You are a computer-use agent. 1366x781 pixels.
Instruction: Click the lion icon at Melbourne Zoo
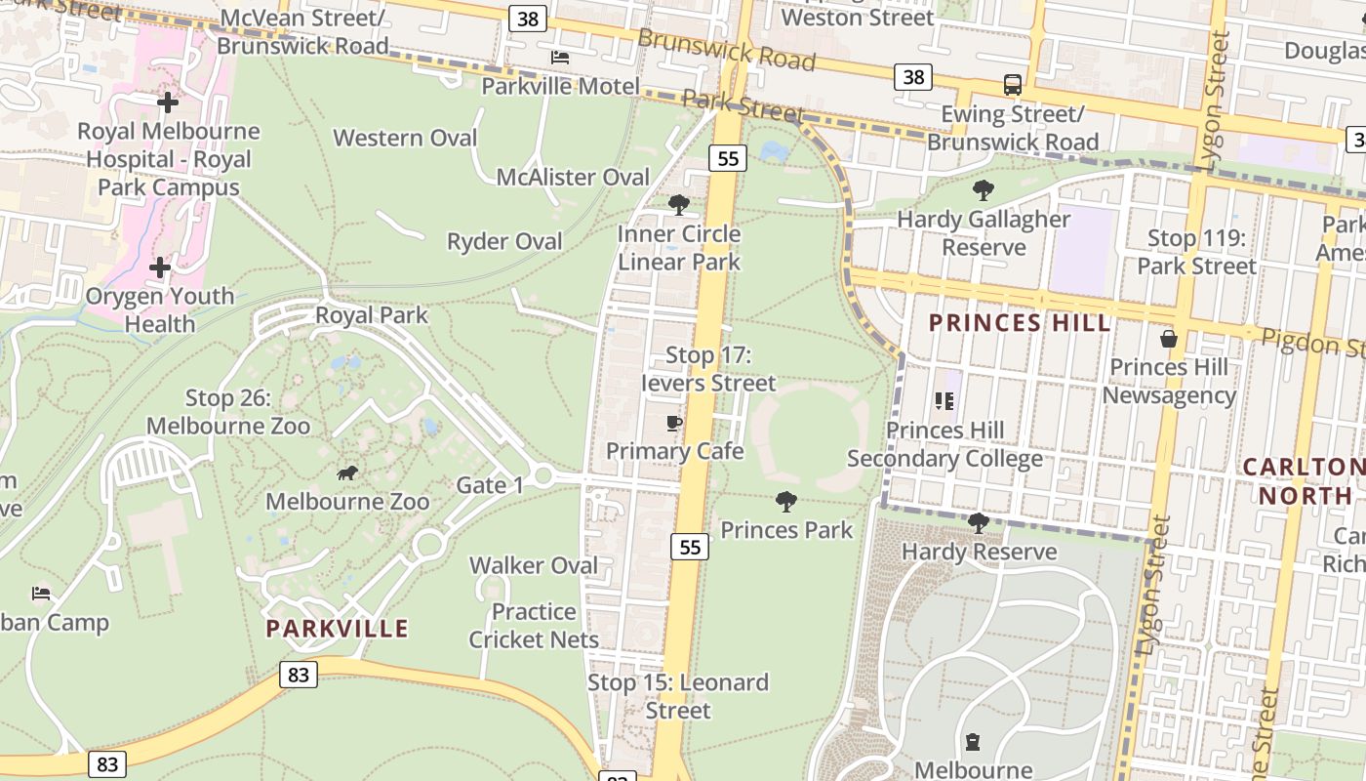tap(346, 473)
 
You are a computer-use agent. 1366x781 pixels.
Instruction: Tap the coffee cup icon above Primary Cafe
tap(673, 423)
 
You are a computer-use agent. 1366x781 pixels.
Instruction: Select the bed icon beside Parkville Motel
tap(560, 58)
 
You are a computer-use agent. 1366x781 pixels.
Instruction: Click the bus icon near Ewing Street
tap(1013, 85)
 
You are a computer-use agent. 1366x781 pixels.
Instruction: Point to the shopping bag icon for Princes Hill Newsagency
tap(1168, 339)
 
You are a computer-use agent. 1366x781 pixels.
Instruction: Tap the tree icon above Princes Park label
tap(785, 502)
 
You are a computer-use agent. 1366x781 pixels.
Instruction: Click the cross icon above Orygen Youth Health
tap(160, 267)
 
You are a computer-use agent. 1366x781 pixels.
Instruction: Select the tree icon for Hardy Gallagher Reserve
tap(984, 190)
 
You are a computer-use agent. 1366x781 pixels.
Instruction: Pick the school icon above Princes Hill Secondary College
tap(944, 401)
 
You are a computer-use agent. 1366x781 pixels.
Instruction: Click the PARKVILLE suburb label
tap(338, 628)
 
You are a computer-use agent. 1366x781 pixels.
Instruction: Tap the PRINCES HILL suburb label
tap(1020, 323)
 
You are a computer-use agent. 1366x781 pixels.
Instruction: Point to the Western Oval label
tap(405, 138)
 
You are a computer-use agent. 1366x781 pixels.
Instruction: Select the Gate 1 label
tap(490, 485)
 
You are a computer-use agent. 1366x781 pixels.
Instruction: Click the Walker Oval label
tap(534, 565)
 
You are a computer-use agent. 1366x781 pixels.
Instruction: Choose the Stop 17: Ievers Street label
tap(707, 369)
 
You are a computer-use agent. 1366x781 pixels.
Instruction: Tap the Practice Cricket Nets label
tap(534, 626)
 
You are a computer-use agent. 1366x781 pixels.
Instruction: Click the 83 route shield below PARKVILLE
tap(299, 674)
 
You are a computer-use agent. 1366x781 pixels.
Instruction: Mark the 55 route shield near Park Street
tap(728, 157)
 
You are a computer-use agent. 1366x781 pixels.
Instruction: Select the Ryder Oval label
tap(504, 241)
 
